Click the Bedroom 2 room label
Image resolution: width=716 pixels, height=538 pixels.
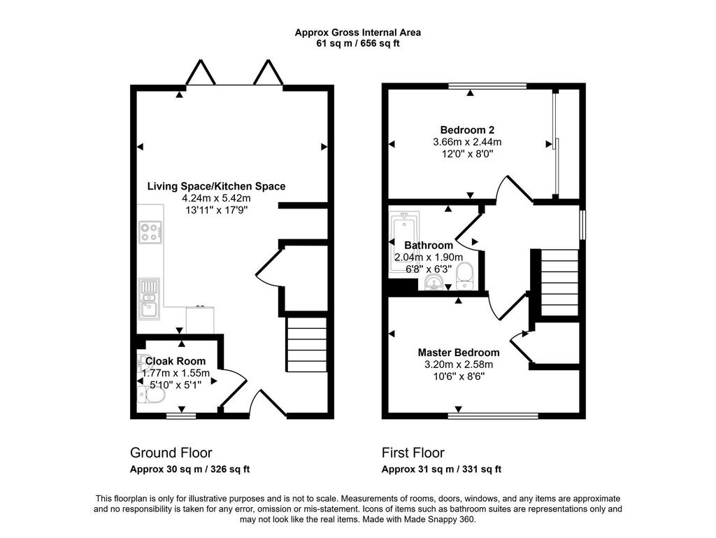(x=467, y=129)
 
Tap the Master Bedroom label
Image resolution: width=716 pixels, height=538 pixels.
(x=459, y=353)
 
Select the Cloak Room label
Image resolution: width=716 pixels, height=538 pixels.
(x=176, y=361)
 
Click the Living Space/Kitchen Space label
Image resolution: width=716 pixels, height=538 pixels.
(x=216, y=186)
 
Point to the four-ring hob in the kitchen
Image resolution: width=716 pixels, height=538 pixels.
(x=150, y=232)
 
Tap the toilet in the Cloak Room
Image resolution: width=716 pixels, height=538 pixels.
(x=151, y=394)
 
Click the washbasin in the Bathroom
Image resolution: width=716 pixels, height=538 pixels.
(x=434, y=282)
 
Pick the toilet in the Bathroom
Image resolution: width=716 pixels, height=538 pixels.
(x=465, y=276)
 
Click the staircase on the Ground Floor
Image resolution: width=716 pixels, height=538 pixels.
(x=307, y=345)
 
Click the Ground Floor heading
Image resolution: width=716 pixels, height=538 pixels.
(x=171, y=453)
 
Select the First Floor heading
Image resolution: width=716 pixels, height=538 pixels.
(x=413, y=453)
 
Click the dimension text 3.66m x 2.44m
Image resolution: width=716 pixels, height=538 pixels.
(x=467, y=142)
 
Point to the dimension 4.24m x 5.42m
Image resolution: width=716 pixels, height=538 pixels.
(x=216, y=198)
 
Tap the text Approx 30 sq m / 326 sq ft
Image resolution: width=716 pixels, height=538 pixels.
(x=190, y=469)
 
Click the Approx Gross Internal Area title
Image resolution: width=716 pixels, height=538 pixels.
(x=357, y=32)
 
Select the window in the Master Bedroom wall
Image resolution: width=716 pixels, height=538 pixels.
(x=493, y=416)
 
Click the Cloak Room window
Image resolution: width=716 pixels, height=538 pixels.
(x=181, y=416)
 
